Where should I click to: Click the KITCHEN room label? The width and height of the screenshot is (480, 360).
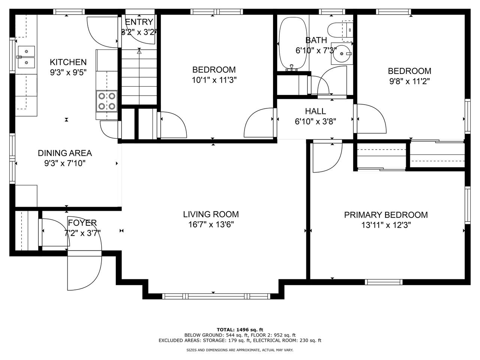pos(68,62)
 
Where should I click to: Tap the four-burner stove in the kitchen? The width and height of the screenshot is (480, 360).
pos(107,101)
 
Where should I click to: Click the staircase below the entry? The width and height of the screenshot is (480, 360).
pos(139,77)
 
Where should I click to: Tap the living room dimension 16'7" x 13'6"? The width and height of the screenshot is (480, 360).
pos(211,225)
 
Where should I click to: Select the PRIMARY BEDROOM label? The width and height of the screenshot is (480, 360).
pos(386,215)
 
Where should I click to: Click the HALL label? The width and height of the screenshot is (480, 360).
pos(315,111)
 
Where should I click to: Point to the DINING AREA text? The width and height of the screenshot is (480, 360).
pos(64,153)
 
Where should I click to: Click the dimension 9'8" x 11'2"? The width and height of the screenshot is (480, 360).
pos(409,81)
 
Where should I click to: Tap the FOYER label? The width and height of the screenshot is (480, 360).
pos(82,223)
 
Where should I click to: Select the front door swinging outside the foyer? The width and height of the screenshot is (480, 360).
pos(84,272)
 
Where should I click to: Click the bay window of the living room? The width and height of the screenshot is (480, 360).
pos(213,296)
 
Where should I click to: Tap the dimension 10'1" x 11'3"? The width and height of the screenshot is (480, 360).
pos(214,80)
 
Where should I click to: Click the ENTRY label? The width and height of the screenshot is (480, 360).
pos(139,22)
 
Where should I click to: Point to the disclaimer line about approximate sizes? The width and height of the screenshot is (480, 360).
pos(240,350)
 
